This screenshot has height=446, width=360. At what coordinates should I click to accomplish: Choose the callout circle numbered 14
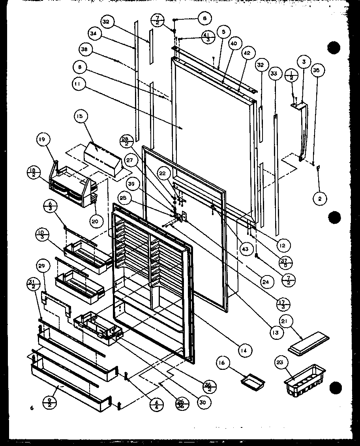(x=245, y=349)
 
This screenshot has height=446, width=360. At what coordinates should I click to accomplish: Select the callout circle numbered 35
(x=316, y=71)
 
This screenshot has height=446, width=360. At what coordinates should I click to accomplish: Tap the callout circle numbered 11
(x=79, y=84)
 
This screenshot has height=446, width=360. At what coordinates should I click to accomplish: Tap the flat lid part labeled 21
(x=306, y=346)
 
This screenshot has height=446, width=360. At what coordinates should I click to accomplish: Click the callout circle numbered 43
(x=245, y=248)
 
